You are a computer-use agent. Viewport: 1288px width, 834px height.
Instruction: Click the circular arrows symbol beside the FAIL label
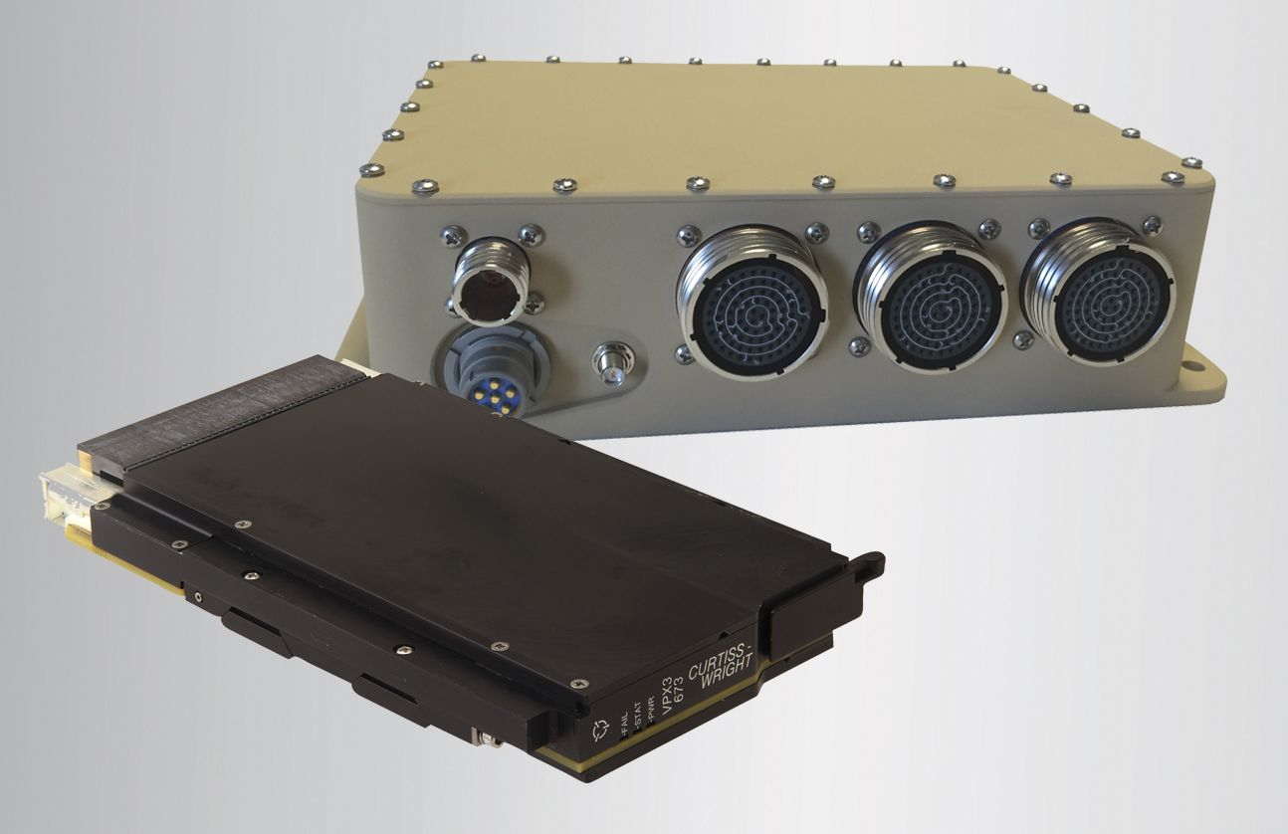[x=601, y=731]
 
